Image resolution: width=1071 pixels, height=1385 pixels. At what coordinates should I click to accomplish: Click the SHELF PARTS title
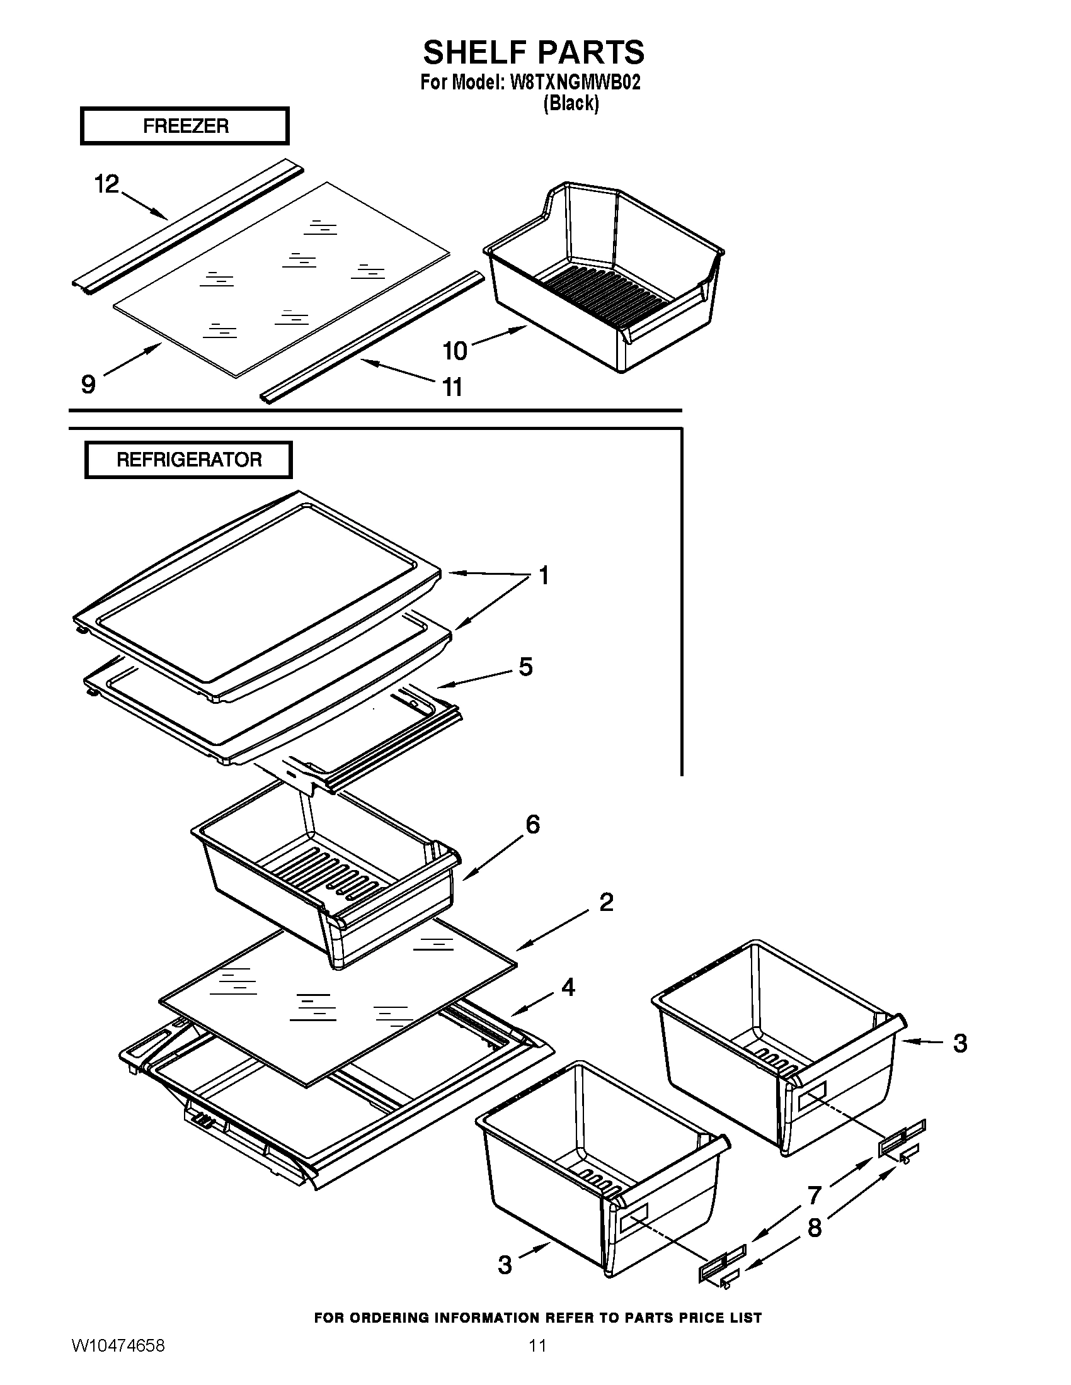pos(534,52)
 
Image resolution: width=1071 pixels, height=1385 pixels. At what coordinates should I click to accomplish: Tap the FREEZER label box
pos(185,125)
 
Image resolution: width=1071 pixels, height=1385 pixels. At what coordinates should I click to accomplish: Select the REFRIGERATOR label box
pos(188,460)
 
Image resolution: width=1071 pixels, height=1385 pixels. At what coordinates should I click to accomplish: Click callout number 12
pos(106,184)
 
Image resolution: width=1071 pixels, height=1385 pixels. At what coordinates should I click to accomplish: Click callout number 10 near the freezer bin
pos(455,350)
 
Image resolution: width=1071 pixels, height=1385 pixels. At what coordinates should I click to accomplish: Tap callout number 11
pos(452,386)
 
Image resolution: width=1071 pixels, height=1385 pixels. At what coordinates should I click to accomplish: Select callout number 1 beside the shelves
pos(544,575)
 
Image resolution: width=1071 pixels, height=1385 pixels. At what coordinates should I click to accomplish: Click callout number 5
pos(525,667)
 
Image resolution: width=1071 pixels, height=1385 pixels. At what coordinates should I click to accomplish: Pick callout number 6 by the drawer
pos(532,825)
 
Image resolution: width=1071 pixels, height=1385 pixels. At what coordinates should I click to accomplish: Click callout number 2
pos(606,902)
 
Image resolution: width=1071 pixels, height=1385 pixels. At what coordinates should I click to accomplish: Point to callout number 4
pos(568,987)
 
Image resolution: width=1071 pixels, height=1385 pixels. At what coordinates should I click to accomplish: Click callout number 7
pos(815,1196)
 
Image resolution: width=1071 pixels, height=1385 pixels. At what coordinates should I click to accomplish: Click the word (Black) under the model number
pos(570,103)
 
